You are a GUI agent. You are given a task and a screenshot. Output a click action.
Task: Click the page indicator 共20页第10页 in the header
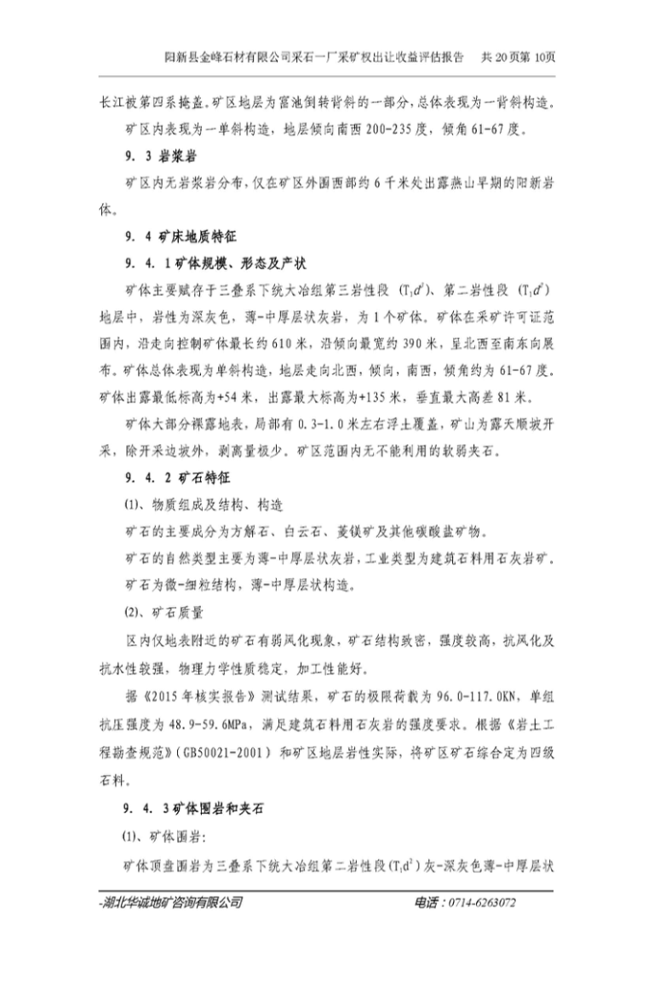tap(519, 57)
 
